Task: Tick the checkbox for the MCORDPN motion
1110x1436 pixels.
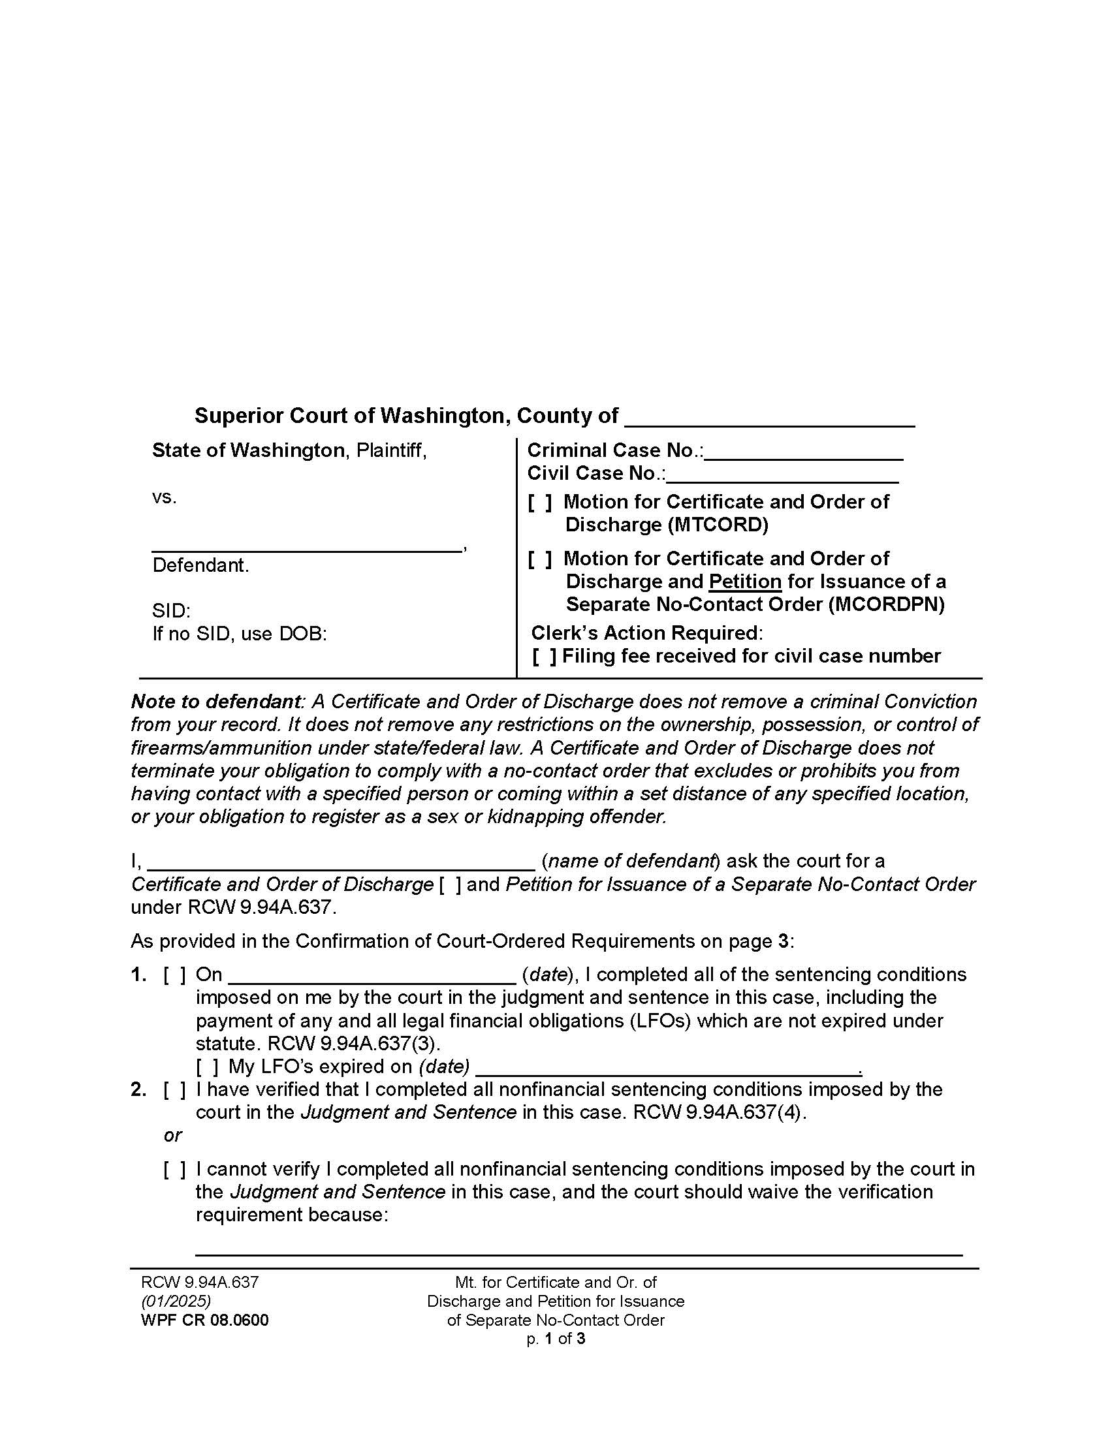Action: pyautogui.click(x=539, y=559)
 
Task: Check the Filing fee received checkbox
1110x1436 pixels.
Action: pyautogui.click(x=544, y=657)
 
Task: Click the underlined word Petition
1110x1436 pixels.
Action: pyautogui.click(x=744, y=582)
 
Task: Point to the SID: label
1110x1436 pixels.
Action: pyautogui.click(x=171, y=611)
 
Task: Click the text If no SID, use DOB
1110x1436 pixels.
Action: pyautogui.click(x=240, y=634)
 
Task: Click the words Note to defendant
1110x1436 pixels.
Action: pyautogui.click(x=217, y=702)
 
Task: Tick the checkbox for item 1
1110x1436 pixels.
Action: pyautogui.click(x=174, y=975)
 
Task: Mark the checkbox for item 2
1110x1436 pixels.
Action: pyautogui.click(x=174, y=1090)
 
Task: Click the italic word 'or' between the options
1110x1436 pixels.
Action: pyautogui.click(x=172, y=1136)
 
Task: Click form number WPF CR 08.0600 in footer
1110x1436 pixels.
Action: pyautogui.click(x=204, y=1320)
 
